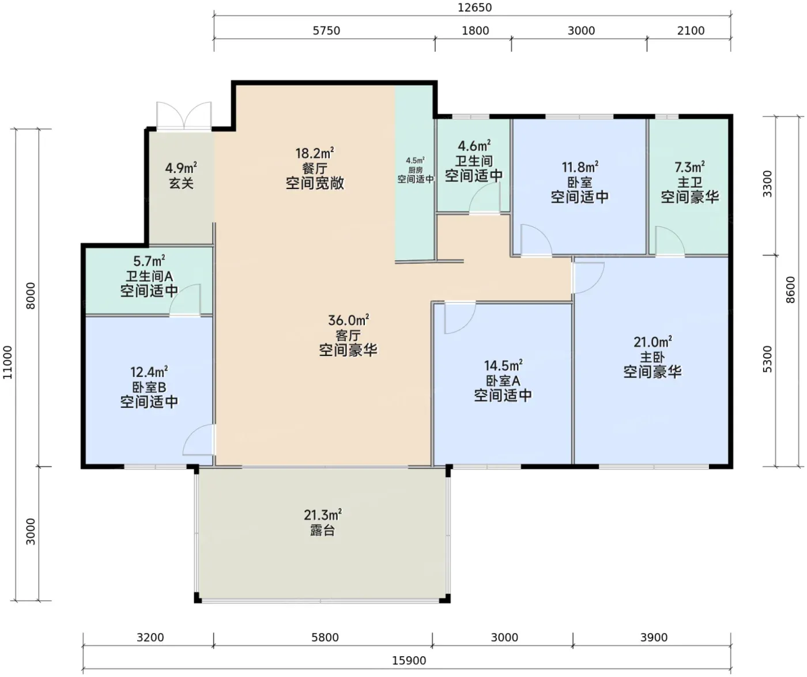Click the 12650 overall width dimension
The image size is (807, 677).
coord(474,7)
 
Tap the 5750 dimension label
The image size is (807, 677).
coord(326,31)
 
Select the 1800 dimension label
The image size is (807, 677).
coord(476,31)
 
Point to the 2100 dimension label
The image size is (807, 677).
coord(691,31)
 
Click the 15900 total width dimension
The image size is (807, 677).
coord(409,660)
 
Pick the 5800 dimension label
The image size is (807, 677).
coord(325,637)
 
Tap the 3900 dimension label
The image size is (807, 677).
coord(654,637)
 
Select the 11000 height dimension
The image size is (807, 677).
coord(7,362)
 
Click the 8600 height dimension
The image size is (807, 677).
coord(791,290)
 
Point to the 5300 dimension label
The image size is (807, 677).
coord(768,359)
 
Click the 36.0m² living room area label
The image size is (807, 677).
coord(348,320)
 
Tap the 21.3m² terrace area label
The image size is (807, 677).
coord(322,515)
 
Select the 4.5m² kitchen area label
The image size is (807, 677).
coord(416,160)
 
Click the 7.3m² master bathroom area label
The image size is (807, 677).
coord(689,167)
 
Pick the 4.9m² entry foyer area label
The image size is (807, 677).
coord(181,168)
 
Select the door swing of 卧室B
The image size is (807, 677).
coord(198,440)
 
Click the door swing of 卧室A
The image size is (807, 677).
coord(460,318)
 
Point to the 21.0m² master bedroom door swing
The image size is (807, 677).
coord(588,278)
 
